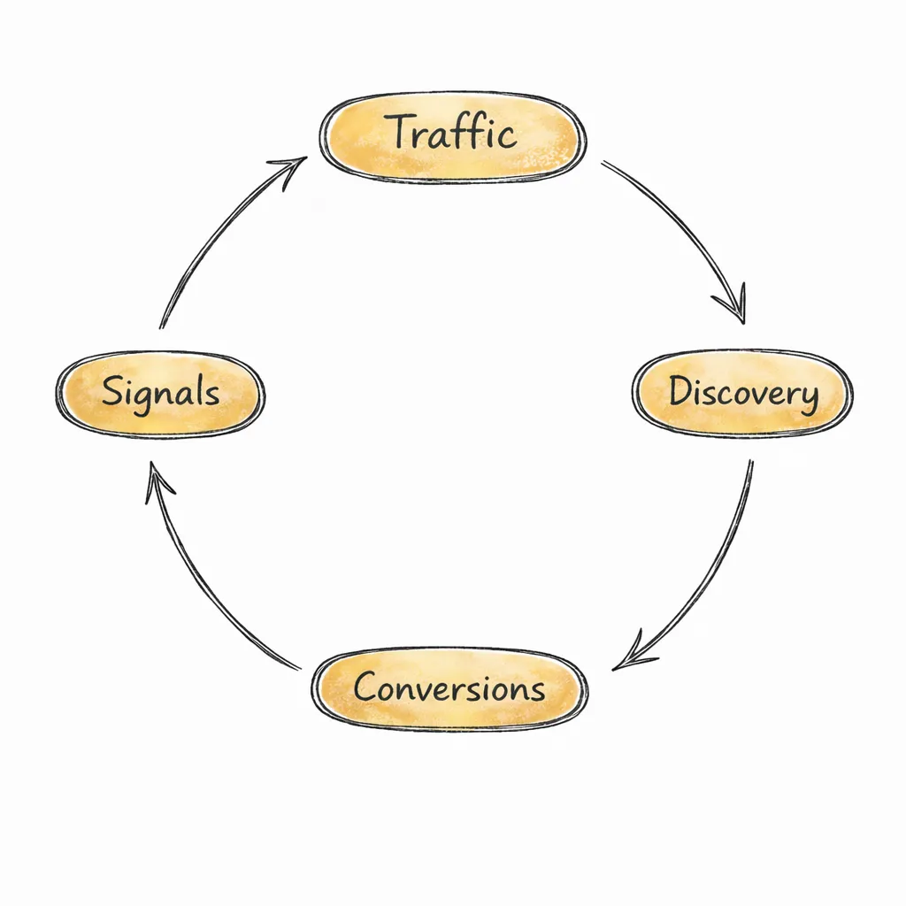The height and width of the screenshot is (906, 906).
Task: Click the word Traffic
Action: point(452,134)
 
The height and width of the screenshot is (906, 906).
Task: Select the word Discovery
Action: point(743,392)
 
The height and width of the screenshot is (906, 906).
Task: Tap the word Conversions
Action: point(449,687)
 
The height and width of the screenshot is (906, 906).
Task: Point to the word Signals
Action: point(160,391)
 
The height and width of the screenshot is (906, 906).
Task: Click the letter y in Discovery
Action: point(806,398)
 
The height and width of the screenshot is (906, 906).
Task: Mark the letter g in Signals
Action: point(149,397)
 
